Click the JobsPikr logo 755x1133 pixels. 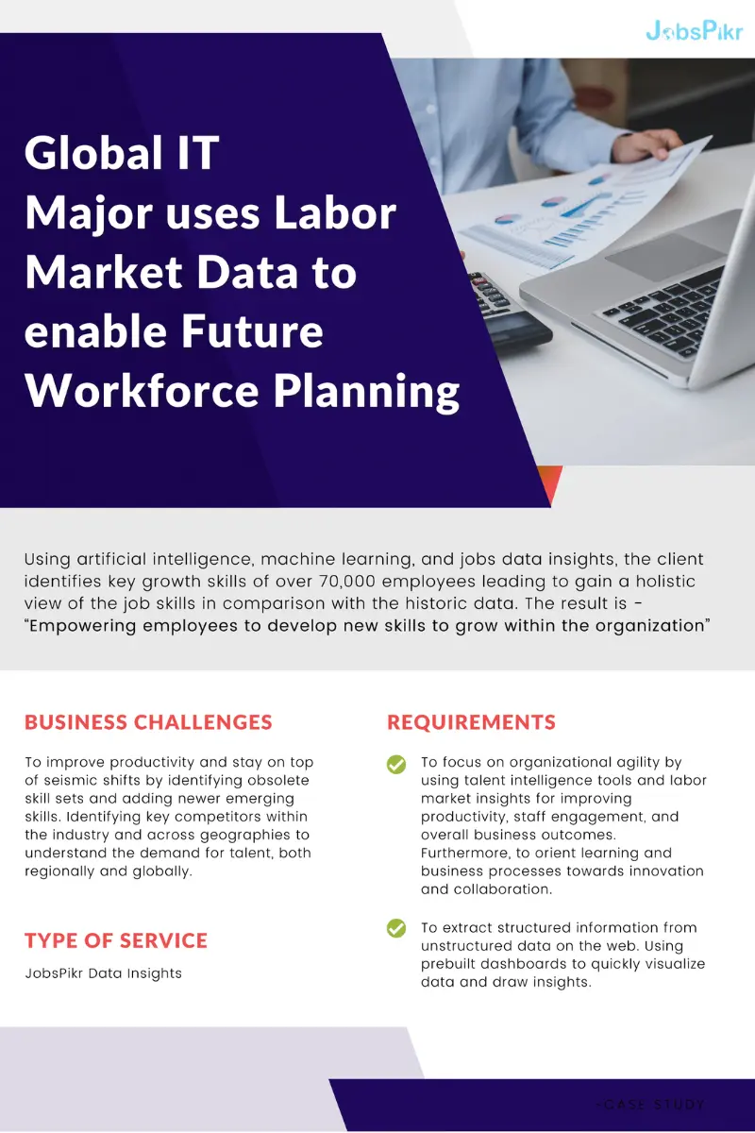[695, 31]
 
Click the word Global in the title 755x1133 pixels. [93, 153]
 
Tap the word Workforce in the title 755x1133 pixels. [142, 391]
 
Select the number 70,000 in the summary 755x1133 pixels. [347, 582]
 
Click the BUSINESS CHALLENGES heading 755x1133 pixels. [148, 722]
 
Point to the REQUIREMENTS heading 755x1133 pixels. [471, 722]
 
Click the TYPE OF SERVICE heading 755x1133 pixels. [116, 940]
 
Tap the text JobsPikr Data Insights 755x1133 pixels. [103, 973]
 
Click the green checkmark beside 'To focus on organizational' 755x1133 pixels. [396, 764]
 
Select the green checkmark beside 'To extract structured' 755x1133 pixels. [396, 928]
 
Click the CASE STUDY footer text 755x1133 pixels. [651, 1104]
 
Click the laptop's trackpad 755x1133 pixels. [665, 257]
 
